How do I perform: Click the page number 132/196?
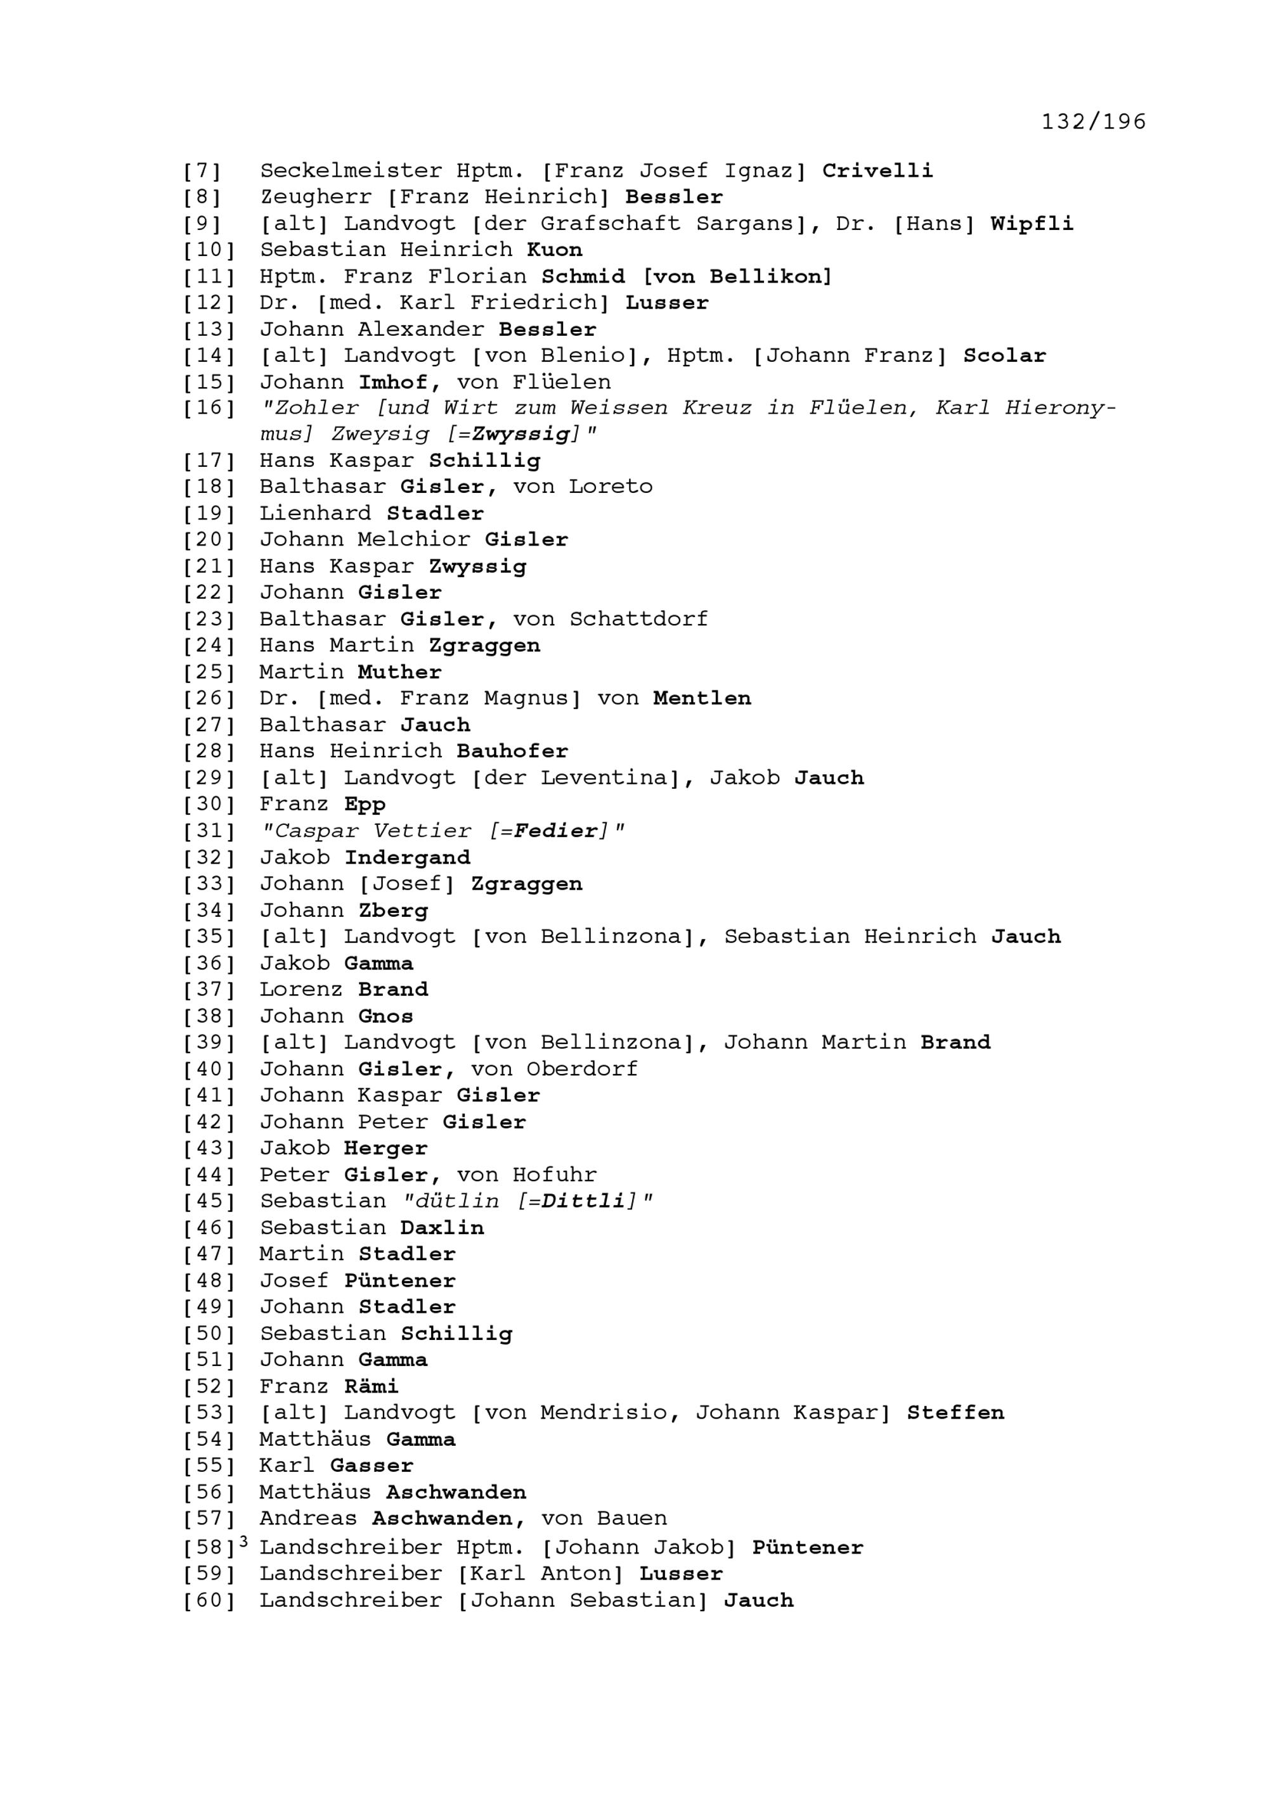click(x=1093, y=121)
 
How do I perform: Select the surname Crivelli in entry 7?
click(x=877, y=171)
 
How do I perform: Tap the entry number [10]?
click(x=209, y=251)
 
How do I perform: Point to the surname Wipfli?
click(x=1032, y=224)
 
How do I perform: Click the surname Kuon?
click(x=555, y=251)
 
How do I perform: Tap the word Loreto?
click(x=610, y=487)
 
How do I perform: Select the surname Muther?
click(x=400, y=672)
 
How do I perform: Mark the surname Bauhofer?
click(x=512, y=751)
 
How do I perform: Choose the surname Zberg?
click(x=393, y=910)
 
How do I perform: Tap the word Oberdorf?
click(x=582, y=1069)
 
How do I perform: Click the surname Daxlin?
click(x=442, y=1228)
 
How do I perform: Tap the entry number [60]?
click(x=209, y=1601)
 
